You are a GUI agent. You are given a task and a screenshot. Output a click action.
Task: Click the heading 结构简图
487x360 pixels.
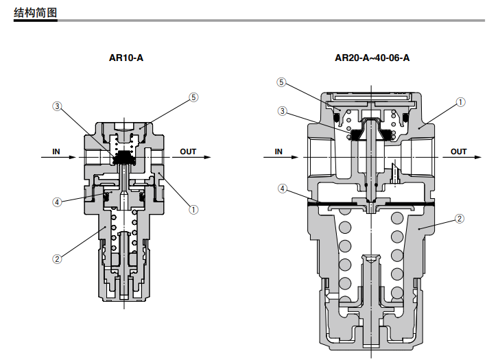click(x=35, y=12)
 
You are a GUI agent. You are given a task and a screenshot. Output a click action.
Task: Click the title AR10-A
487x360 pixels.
click(x=126, y=58)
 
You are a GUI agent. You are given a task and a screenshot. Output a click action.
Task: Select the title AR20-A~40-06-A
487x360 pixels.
click(x=372, y=58)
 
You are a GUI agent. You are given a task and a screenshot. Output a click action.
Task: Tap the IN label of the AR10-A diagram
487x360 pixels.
click(x=56, y=151)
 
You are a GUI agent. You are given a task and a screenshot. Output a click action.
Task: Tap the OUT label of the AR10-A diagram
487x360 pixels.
click(x=188, y=151)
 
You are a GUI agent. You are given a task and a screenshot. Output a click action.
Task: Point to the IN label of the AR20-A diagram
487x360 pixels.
click(x=278, y=151)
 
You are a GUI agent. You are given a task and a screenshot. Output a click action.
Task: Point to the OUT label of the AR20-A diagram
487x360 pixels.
click(x=459, y=151)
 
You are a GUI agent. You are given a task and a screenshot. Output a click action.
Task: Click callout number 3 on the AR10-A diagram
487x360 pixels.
click(x=57, y=106)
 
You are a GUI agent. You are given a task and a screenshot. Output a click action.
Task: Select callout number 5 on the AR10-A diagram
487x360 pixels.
click(x=193, y=97)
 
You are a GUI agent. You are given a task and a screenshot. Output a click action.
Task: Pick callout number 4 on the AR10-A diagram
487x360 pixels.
click(x=57, y=202)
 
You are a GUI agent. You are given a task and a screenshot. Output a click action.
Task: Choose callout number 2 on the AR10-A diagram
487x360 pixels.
click(x=57, y=259)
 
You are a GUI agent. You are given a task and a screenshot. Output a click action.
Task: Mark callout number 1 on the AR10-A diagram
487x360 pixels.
click(x=193, y=209)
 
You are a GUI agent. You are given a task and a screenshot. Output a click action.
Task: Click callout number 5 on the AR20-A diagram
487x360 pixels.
click(x=281, y=83)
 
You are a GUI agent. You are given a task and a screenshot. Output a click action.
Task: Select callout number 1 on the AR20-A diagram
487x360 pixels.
click(x=461, y=102)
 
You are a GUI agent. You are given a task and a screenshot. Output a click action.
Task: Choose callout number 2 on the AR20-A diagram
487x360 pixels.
click(x=461, y=219)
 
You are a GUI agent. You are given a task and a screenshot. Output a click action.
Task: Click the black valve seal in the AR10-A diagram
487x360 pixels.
click(x=125, y=157)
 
